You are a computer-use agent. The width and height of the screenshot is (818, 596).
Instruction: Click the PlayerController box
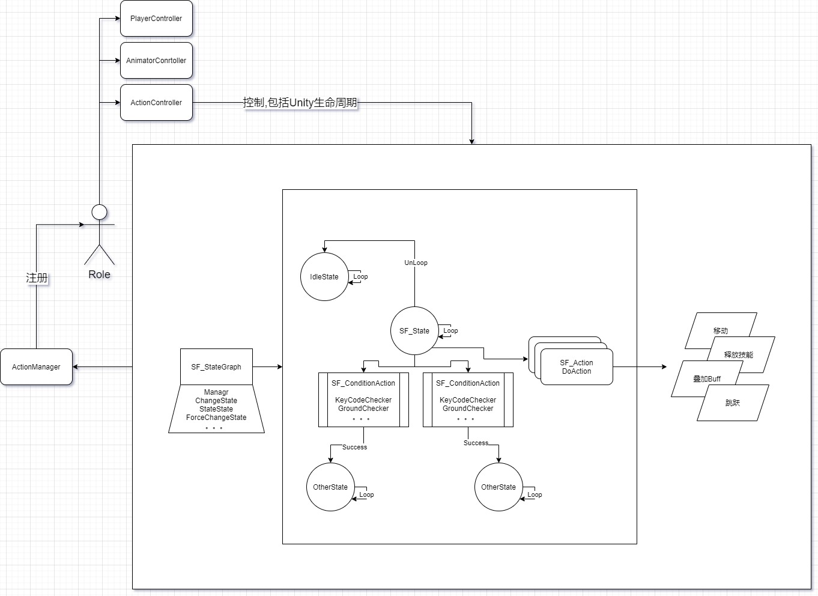point(156,19)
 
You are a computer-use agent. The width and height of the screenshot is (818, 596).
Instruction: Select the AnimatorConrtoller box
point(156,61)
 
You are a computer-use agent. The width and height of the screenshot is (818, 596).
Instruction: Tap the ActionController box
point(156,103)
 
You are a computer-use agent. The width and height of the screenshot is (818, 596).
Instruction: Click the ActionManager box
point(36,367)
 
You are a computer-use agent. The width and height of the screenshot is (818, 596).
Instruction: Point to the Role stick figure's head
point(99,212)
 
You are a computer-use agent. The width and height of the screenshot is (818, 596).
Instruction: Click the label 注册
point(37,278)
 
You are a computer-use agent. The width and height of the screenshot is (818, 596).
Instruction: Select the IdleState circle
point(324,277)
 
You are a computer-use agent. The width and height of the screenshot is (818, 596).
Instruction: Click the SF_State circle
point(414,331)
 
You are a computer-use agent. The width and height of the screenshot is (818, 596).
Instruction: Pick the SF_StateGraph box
point(216,367)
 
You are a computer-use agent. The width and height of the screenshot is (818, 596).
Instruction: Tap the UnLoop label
point(416,263)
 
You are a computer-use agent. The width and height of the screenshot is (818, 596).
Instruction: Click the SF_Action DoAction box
point(577,367)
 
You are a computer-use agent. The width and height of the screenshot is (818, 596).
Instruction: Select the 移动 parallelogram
point(720,330)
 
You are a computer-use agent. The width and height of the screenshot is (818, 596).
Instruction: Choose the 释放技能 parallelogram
point(739,354)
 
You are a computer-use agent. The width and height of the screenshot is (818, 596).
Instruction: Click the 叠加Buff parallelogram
point(706,379)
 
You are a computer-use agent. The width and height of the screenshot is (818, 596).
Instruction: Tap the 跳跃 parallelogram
point(733,403)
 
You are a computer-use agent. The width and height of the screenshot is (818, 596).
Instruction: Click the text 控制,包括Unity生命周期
point(300,103)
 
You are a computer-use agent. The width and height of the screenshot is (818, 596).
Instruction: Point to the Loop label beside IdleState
point(360,277)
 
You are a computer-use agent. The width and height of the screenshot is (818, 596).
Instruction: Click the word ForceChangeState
point(216,418)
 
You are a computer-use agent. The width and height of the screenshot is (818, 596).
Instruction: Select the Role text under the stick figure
point(99,275)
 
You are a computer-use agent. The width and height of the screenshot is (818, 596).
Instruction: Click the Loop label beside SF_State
point(450,331)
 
